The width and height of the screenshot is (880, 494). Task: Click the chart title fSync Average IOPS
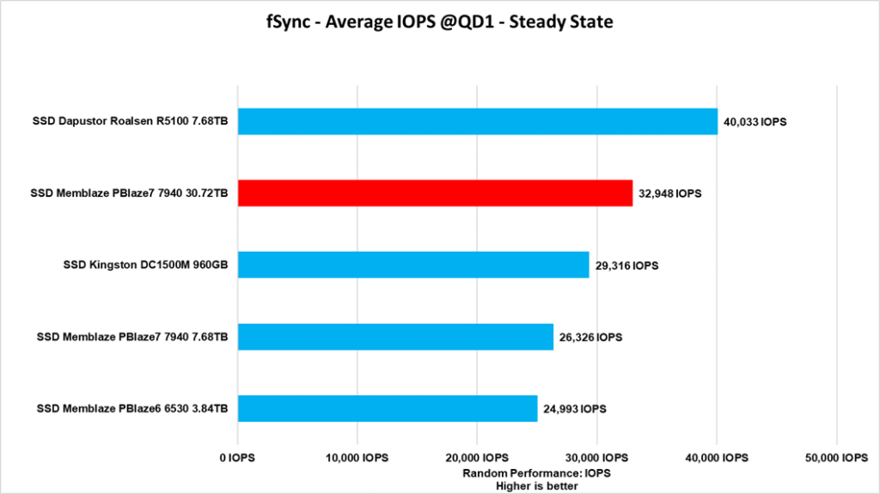pos(439,22)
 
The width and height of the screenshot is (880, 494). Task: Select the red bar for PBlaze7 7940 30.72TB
pos(435,193)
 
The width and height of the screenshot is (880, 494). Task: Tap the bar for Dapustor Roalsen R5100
pos(477,122)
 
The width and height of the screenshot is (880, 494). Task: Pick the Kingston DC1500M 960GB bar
pos(413,265)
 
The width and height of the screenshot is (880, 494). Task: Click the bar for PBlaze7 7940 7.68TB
pos(395,337)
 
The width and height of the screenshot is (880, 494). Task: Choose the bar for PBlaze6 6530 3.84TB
pos(388,409)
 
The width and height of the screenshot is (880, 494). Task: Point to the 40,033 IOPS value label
pos(755,122)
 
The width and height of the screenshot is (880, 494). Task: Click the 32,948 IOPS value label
pos(670,193)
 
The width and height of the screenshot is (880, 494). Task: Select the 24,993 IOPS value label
pos(574,409)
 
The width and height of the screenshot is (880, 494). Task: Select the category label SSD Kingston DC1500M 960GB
pos(145,265)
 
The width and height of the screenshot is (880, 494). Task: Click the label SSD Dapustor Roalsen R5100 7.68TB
pos(130,122)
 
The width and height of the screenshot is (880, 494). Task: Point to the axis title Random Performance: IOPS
pos(536,473)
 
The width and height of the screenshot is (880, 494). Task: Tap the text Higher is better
pos(536,485)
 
